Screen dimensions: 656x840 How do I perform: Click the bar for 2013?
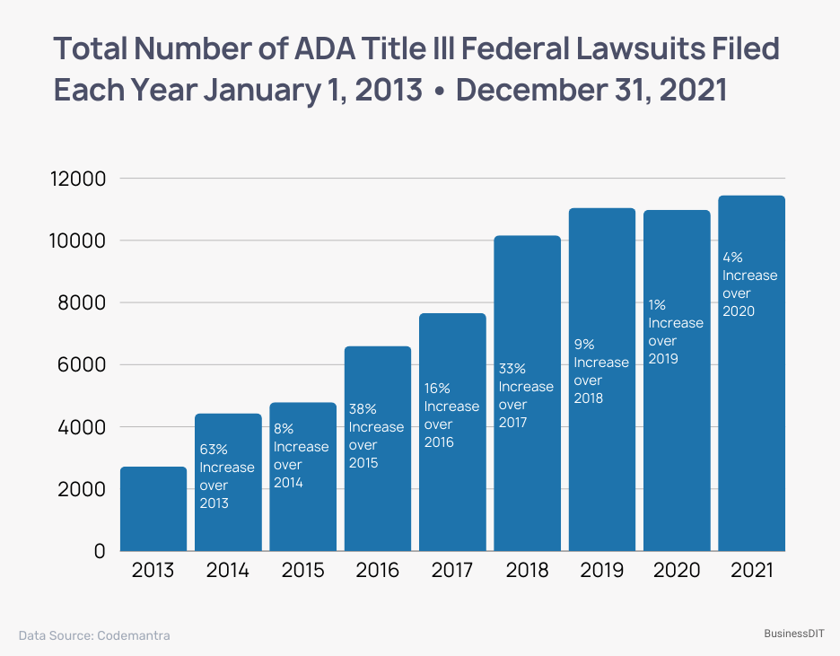pos(153,509)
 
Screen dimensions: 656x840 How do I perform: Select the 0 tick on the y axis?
pos(100,551)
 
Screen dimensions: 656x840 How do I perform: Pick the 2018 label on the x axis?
pos(527,571)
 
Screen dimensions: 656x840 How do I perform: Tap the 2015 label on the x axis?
pos(302,571)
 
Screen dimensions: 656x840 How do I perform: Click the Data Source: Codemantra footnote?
pos(94,635)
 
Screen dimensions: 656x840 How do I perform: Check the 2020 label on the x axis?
pos(676,571)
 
